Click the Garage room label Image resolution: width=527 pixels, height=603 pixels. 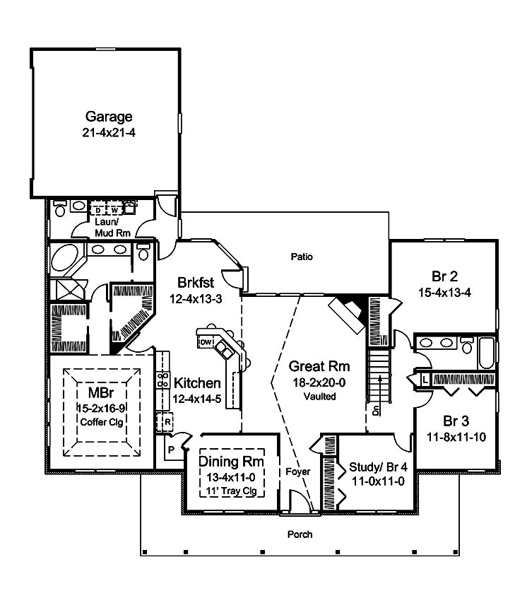coord(109,116)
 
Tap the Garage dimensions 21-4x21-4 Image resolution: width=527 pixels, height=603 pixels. coord(109,132)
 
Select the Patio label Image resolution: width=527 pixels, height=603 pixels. coord(301,257)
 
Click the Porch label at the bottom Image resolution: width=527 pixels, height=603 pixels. coord(300,534)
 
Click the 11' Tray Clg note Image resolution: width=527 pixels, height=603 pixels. coord(231,490)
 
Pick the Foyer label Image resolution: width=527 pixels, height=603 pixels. coord(294,472)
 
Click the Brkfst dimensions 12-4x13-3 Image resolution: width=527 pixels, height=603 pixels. coord(196,299)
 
